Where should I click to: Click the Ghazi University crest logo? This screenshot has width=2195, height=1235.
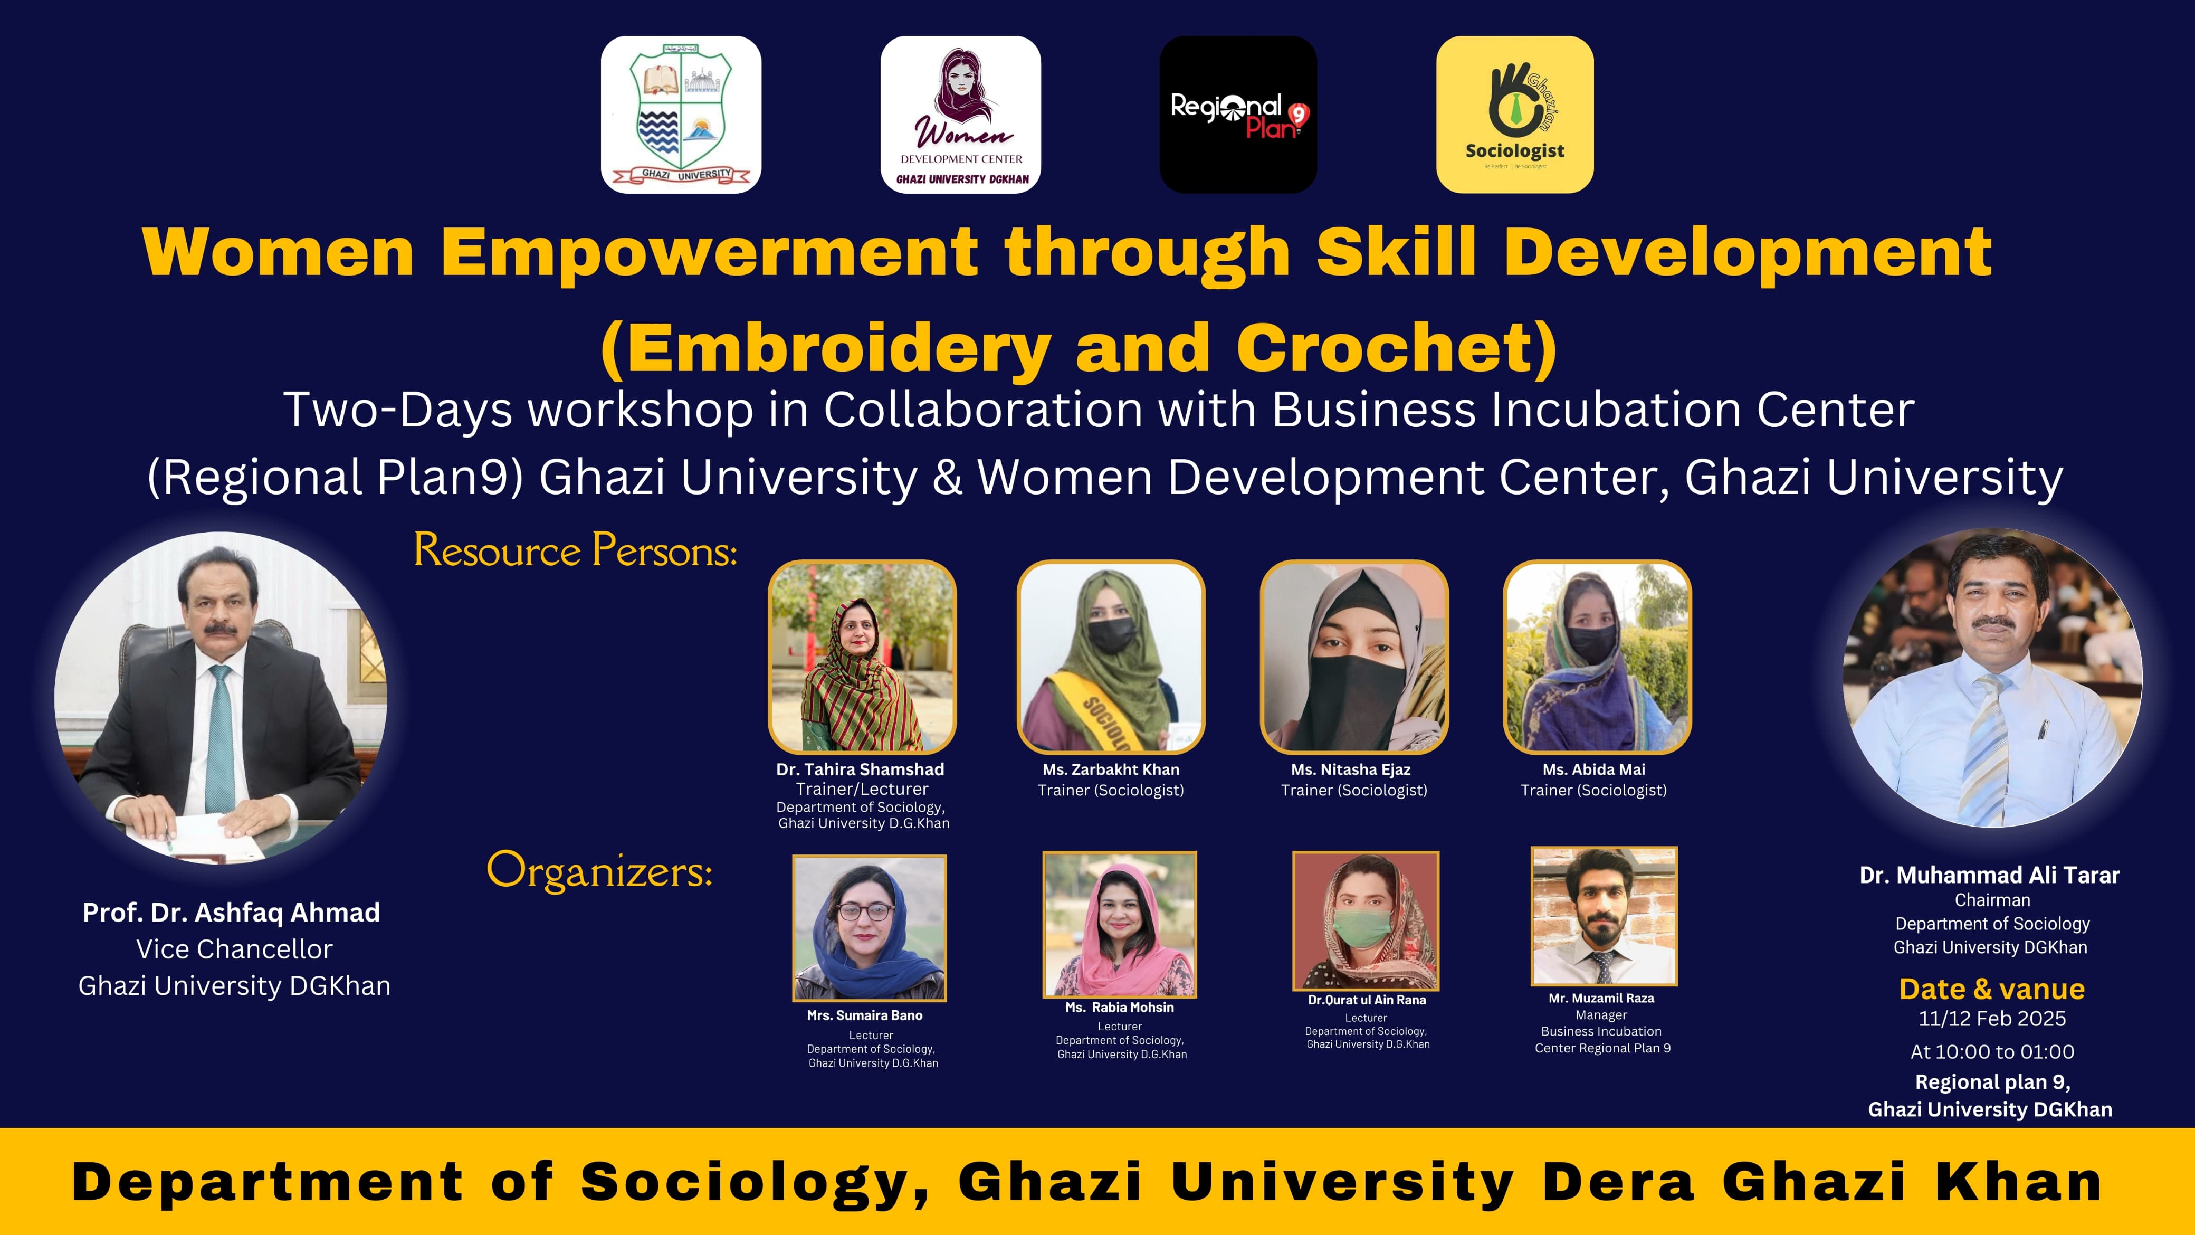(681, 114)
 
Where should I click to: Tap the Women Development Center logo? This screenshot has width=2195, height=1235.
(960, 114)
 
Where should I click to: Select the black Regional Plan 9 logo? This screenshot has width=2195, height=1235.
(1238, 114)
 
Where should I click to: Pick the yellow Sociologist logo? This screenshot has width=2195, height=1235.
(1515, 114)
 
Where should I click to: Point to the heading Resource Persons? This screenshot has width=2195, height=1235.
(575, 550)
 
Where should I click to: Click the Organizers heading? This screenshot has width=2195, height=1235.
(599, 870)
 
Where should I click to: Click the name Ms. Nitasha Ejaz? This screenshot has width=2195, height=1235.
(1351, 769)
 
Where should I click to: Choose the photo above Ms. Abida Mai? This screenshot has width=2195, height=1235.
(1597, 657)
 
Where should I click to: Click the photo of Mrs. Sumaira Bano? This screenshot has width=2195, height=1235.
(869, 927)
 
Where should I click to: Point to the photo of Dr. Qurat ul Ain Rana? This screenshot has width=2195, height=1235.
(1366, 919)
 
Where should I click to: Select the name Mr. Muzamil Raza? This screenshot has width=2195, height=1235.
(1601, 998)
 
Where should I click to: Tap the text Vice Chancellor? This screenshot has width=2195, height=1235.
(234, 948)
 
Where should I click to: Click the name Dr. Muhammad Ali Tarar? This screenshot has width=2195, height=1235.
(1990, 876)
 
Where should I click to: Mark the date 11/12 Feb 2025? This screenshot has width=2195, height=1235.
(1992, 1019)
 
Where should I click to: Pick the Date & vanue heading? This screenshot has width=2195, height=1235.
(1992, 989)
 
